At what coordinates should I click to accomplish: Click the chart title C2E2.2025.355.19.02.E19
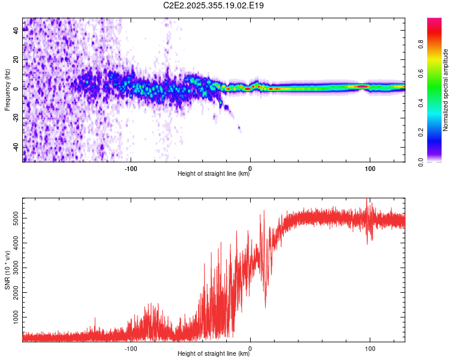[214, 5]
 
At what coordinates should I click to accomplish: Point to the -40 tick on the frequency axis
[15, 147]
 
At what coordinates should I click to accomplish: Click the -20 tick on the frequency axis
[15, 118]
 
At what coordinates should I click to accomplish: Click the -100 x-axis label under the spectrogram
[131, 168]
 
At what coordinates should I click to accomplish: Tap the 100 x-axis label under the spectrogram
[370, 168]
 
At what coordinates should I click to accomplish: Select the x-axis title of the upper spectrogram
[214, 174]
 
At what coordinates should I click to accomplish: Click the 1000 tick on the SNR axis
[13, 316]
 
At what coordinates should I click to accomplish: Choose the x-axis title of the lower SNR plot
[214, 354]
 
